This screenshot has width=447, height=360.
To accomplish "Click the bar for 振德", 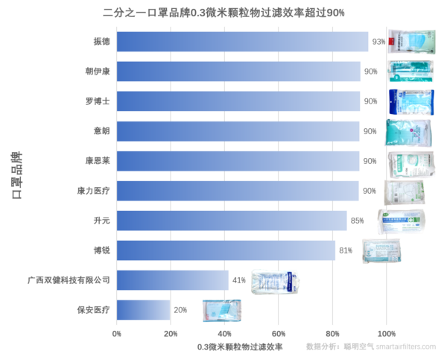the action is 242,42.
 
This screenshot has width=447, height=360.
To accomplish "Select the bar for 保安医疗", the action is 143,310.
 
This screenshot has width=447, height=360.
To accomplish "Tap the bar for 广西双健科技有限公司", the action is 173,280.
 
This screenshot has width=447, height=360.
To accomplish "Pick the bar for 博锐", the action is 226,250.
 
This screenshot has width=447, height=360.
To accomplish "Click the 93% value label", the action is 378,42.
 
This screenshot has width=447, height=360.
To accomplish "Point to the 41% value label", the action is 238,280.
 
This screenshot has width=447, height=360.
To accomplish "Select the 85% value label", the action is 357,221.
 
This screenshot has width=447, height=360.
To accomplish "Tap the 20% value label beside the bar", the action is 180,310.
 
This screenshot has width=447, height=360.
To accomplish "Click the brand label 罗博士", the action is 98,101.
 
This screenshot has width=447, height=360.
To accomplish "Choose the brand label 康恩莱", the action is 98,161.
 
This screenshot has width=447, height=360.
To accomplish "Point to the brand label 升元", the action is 101,221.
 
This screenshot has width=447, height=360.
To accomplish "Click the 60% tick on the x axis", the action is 279,334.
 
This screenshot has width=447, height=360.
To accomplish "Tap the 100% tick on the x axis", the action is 386,334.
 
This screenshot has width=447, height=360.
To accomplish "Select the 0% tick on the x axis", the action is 117,334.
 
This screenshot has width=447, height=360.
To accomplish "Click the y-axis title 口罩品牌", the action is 16,175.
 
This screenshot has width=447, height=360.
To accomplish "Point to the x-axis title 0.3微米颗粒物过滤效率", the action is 240,347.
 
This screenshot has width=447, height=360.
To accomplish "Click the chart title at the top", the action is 223,13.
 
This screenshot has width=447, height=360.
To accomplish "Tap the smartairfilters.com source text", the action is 406,347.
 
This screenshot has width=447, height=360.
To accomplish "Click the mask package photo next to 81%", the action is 381,251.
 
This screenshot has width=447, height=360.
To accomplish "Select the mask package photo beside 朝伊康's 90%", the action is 410,71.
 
